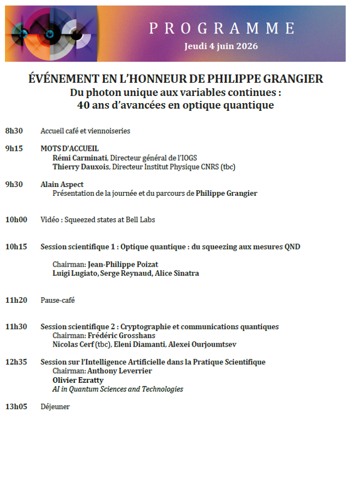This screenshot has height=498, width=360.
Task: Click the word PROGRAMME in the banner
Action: pos(222,28)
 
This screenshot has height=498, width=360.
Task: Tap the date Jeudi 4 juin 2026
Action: pos(221,46)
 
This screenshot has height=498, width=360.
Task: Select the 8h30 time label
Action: pos(14,131)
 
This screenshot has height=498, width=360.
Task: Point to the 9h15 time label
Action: pos(14,149)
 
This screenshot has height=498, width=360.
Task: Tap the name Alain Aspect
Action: pos(62,184)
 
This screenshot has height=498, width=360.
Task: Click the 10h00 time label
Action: pos(16,220)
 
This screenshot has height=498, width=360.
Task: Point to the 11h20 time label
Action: pos(16,300)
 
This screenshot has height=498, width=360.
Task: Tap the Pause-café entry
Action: pos(58,300)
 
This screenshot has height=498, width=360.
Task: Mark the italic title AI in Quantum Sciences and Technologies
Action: pos(117,389)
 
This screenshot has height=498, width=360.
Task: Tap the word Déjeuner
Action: pos(55,406)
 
